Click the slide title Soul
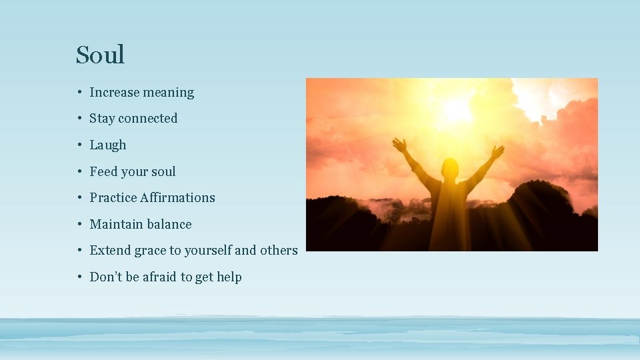pyautogui.click(x=100, y=55)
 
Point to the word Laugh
pyautogui.click(x=108, y=145)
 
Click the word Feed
pyautogui.click(x=103, y=171)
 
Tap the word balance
pyautogui.click(x=169, y=225)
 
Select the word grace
pyautogui.click(x=150, y=251)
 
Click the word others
pyautogui.click(x=279, y=251)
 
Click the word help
pyautogui.click(x=229, y=277)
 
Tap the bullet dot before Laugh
pyautogui.click(x=79, y=145)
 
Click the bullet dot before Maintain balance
pyautogui.click(x=79, y=225)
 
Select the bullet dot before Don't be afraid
pyautogui.click(x=79, y=277)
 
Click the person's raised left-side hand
pyautogui.click(x=399, y=144)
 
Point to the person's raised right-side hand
pyautogui.click(x=497, y=151)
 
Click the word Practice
pyautogui.click(x=111, y=198)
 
